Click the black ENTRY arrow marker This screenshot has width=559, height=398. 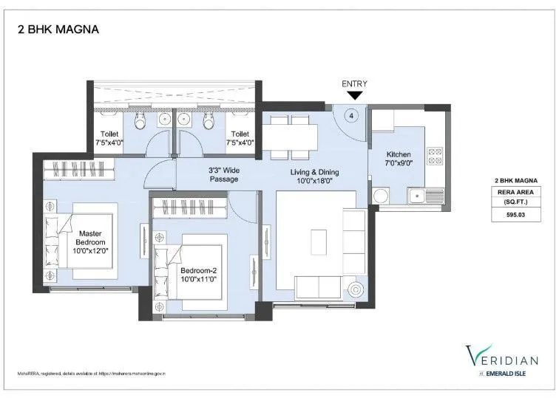354,95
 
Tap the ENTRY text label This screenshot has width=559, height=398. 354,83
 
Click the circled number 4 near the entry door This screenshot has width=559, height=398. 352,115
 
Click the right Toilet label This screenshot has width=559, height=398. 240,138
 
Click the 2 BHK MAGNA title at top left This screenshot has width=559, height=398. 57,30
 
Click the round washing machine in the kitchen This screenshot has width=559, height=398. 382,197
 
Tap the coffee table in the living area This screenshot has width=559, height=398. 319,241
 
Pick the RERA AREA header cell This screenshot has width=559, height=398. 515,191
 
